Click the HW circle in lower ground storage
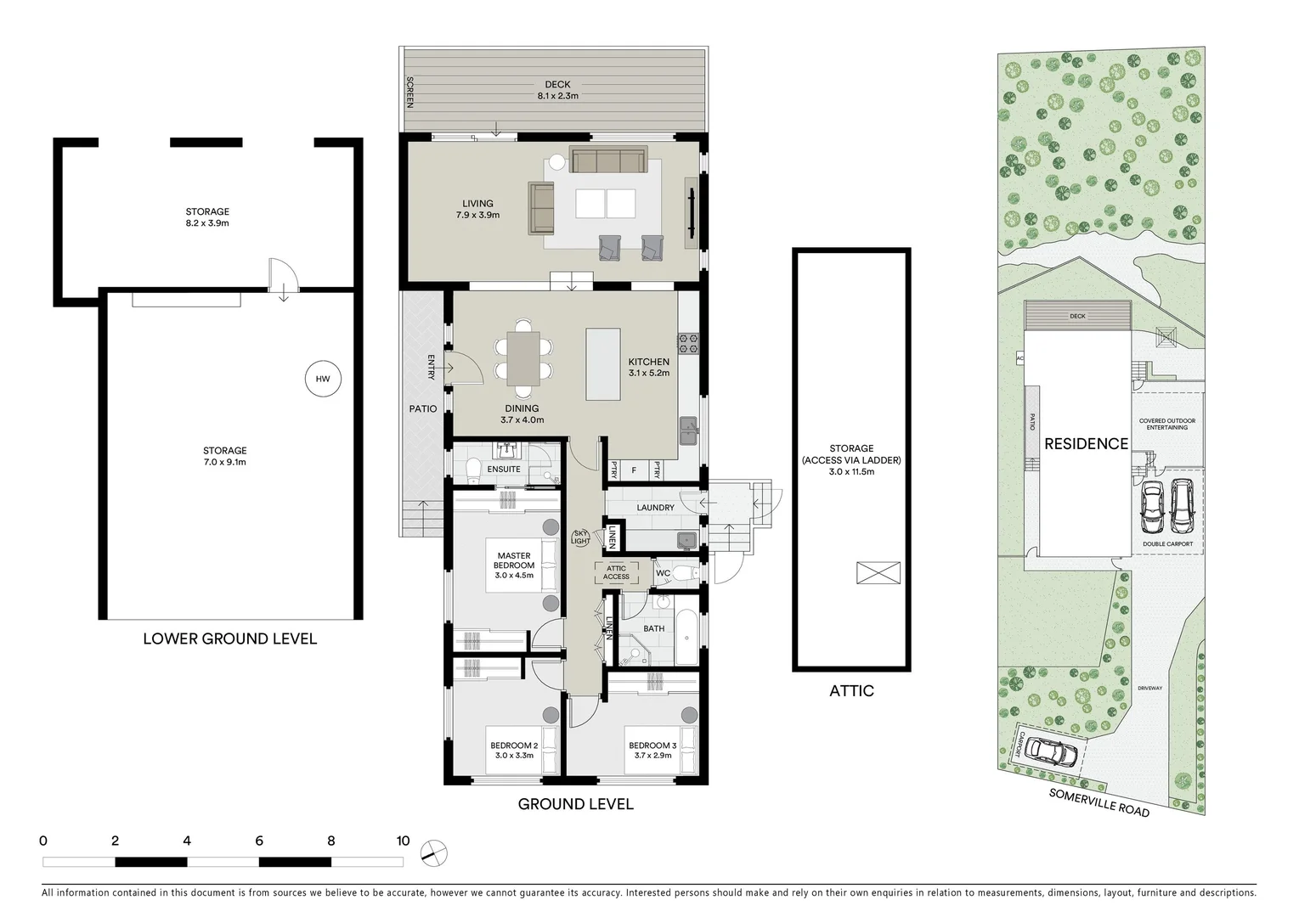pyautogui.click(x=323, y=379)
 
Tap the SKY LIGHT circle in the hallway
pyautogui.click(x=580, y=537)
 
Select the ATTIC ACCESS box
pyautogui.click(x=616, y=572)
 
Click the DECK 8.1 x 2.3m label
pyautogui.click(x=557, y=90)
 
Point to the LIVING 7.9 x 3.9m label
pyautogui.click(x=477, y=209)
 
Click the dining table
pyautogui.click(x=522, y=359)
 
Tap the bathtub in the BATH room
pyautogui.click(x=686, y=637)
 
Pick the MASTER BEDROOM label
pyautogui.click(x=514, y=565)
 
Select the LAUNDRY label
pyautogui.click(x=655, y=508)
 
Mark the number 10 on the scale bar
pyautogui.click(x=403, y=841)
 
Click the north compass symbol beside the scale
pyautogui.click(x=433, y=852)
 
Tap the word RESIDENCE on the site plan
pyautogui.click(x=1086, y=443)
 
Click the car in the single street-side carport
pyautogui.click(x=1050, y=751)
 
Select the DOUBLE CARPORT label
pyautogui.click(x=1167, y=544)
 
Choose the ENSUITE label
pyautogui.click(x=504, y=469)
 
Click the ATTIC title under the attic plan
pyautogui.click(x=851, y=691)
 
